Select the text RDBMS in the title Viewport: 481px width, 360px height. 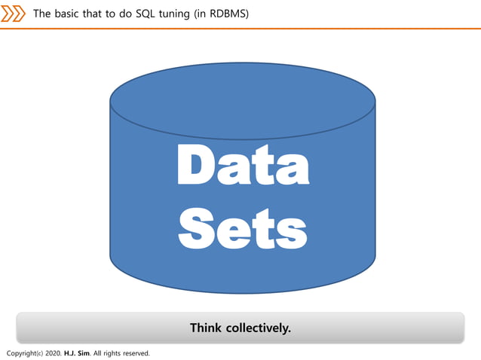[x=229, y=14]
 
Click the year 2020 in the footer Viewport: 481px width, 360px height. [x=54, y=352]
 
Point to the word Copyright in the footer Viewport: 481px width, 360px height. [x=22, y=352]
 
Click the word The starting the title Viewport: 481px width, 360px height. [x=42, y=14]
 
